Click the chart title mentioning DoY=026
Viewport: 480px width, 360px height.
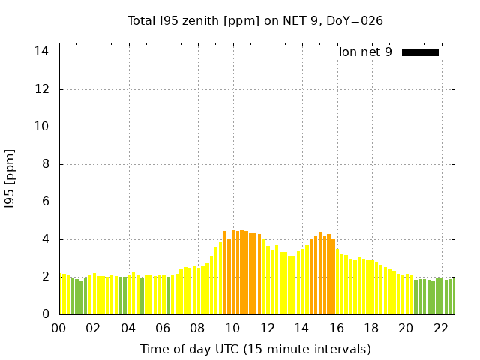[x=255, y=21]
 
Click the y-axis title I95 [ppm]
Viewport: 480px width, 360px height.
[x=10, y=178]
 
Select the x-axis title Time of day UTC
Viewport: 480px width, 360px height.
[x=255, y=349]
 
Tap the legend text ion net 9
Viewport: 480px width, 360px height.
[x=365, y=52]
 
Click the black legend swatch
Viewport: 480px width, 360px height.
[x=420, y=52]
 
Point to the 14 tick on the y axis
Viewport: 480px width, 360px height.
[x=42, y=52]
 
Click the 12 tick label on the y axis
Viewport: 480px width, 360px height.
[x=42, y=89]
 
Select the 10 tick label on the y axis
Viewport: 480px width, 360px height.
[x=42, y=127]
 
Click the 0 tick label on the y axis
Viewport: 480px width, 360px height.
[x=45, y=314]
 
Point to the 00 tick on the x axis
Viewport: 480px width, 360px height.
[x=58, y=328]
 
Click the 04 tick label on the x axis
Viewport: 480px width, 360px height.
[x=128, y=328]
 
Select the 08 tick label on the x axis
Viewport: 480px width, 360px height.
[x=197, y=328]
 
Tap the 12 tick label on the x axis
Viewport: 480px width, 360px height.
[x=267, y=328]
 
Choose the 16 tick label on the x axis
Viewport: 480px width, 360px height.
[x=336, y=328]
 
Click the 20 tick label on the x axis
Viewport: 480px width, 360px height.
[x=406, y=328]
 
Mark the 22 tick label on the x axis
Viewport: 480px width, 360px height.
[x=440, y=328]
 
